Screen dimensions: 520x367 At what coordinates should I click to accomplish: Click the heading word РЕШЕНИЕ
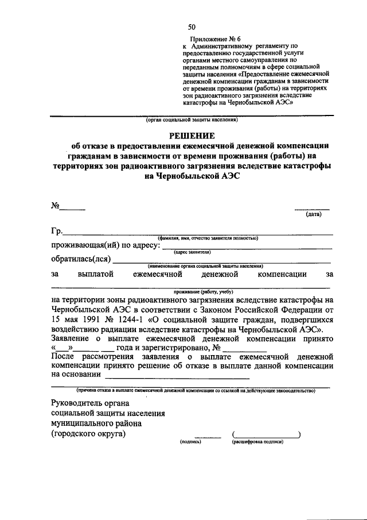(x=192, y=136)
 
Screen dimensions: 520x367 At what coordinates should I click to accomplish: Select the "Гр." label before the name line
(x=56, y=232)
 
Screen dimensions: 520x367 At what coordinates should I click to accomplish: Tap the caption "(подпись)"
(x=190, y=442)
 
